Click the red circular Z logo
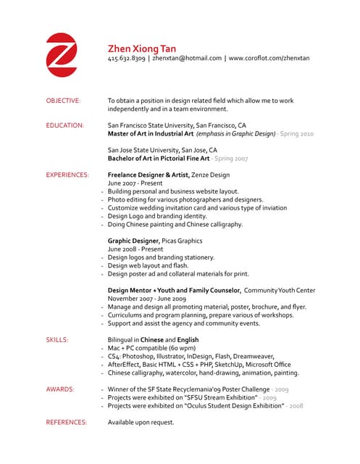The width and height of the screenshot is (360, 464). coord(62,54)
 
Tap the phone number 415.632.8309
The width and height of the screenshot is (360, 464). coord(126,58)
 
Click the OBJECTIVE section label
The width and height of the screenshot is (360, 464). coord(63,100)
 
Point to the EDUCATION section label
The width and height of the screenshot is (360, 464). coord(64,125)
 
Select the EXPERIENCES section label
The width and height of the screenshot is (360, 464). coord(67,175)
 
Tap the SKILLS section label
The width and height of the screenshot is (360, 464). coord(57,339)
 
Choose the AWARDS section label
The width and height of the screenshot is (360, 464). coord(59,389)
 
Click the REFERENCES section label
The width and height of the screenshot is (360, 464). coord(66,421)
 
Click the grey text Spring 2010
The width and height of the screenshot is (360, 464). coord(297,133)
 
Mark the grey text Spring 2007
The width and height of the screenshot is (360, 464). coord(231,158)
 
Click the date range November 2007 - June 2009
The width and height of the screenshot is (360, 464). coord(147,298)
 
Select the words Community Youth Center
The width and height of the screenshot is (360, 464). coord(285,290)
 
